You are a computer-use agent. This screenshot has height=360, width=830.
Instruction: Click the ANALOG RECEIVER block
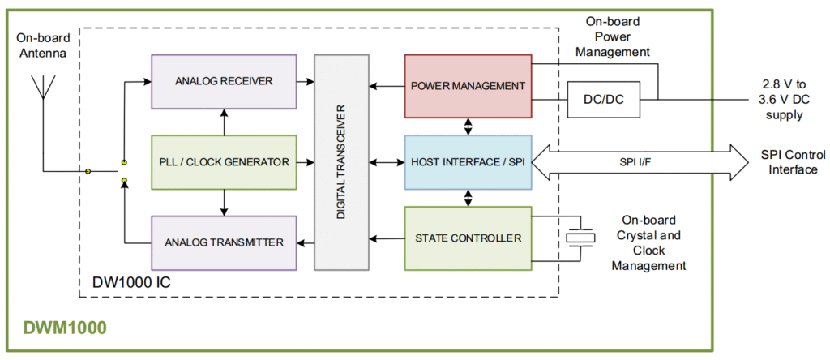(x=224, y=81)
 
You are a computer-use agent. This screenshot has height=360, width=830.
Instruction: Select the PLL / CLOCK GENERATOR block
(x=224, y=162)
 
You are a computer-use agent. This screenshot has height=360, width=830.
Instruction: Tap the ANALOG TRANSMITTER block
(x=224, y=242)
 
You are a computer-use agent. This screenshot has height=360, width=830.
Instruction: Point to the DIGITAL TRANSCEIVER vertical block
(x=341, y=162)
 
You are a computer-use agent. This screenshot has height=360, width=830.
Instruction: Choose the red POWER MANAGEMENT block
(x=468, y=86)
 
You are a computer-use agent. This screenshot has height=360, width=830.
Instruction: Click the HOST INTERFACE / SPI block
(x=468, y=162)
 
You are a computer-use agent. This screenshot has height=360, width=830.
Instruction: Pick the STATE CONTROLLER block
(x=468, y=238)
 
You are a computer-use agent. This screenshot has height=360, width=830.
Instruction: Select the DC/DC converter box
(x=603, y=101)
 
